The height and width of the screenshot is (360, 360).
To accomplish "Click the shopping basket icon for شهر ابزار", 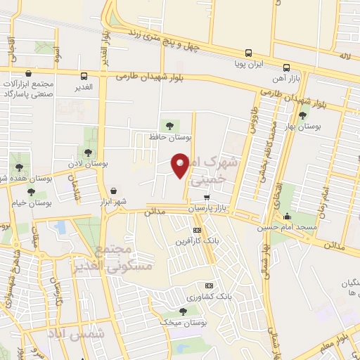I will (113, 191).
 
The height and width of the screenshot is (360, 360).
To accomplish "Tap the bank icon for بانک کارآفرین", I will (197, 230).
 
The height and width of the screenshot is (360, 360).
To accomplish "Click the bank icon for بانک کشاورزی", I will (208, 285).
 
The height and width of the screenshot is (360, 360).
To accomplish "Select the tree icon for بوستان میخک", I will (183, 311).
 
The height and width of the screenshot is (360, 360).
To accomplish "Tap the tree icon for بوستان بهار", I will (303, 115).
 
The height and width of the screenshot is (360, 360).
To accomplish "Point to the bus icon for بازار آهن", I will (286, 68).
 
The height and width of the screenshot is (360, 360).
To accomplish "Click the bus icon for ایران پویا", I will (248, 53).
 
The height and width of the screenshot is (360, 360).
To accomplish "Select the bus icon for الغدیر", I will (84, 76).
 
